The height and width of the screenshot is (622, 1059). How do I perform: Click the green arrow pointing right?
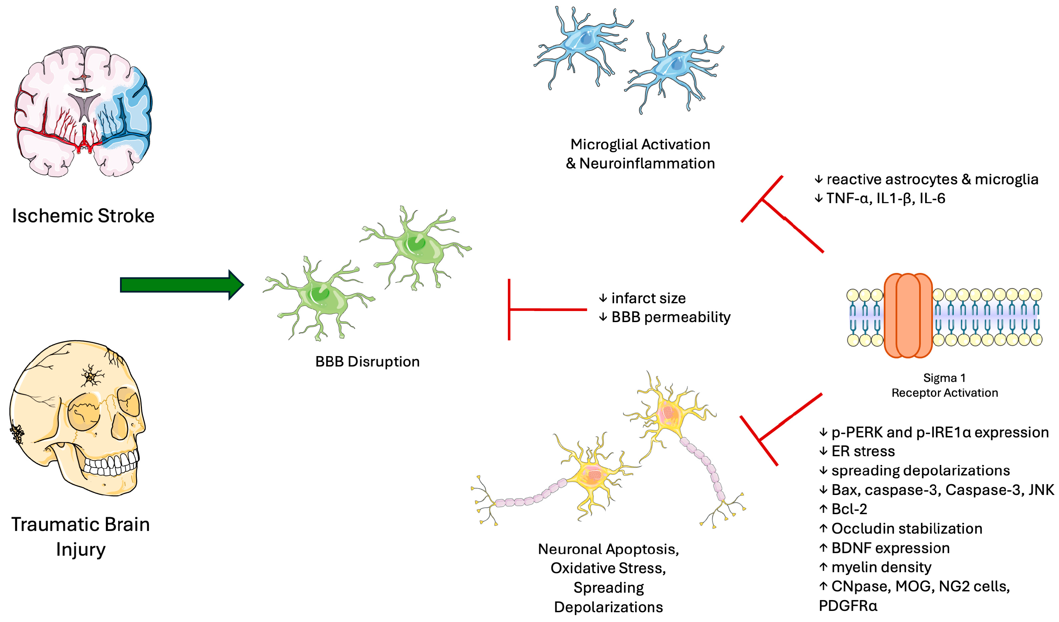pyautogui.click(x=181, y=285)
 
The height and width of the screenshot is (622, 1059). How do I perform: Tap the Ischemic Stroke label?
pyautogui.click(x=83, y=216)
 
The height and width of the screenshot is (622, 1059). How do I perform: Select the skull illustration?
pyautogui.click(x=78, y=416)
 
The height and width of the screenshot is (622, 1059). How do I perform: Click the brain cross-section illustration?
pyautogui.click(x=84, y=111)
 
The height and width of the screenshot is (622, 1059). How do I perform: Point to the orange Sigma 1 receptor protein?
pyautogui.click(x=908, y=315)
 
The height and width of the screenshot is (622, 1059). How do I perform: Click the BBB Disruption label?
pyautogui.click(x=367, y=362)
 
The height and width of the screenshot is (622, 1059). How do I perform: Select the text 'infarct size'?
pyautogui.click(x=648, y=298)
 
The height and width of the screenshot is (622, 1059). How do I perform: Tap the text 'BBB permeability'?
pyautogui.click(x=671, y=317)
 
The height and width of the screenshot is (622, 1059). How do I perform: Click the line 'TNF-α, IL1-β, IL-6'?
pyautogui.click(x=885, y=198)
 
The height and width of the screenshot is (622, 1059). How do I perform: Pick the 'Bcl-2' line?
pyautogui.click(x=849, y=509)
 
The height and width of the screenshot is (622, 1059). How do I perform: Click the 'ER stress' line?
pyautogui.click(x=863, y=451)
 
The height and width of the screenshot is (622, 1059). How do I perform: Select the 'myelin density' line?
pyautogui.click(x=881, y=567)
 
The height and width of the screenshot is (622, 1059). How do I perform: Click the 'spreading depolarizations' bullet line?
pyautogui.click(x=920, y=470)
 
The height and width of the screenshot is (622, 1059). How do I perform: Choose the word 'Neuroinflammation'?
pyautogui.click(x=647, y=163)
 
